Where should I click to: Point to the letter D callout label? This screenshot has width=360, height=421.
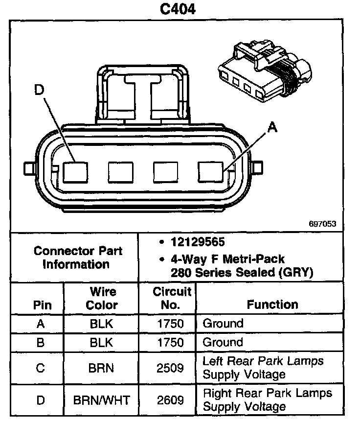[x=40, y=89]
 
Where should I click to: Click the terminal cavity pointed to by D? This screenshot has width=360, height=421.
[x=76, y=172]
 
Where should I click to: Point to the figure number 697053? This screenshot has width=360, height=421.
[x=322, y=224]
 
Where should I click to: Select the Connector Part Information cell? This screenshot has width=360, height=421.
[x=78, y=257]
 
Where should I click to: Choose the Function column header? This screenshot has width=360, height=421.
[x=272, y=304]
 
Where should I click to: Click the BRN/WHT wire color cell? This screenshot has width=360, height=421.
[x=102, y=400]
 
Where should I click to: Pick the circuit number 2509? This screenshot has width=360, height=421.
[x=171, y=368]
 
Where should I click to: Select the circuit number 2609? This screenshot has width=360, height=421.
[x=171, y=400]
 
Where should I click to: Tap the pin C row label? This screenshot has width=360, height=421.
[x=41, y=368]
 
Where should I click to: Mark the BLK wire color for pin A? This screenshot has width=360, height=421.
[x=102, y=324]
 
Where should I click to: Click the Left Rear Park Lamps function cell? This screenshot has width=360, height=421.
[x=263, y=368]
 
